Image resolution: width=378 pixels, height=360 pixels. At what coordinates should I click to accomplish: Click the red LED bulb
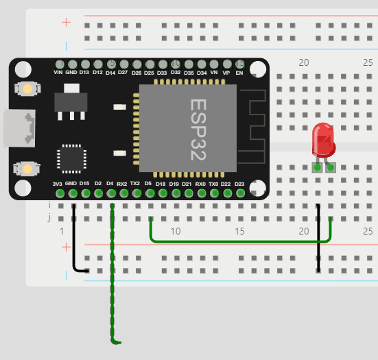323,139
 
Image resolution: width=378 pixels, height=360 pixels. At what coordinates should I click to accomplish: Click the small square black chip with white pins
71,158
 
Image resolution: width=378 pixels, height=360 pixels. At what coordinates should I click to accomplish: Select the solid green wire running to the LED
240,241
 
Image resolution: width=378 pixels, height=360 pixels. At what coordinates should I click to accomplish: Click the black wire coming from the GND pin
74,240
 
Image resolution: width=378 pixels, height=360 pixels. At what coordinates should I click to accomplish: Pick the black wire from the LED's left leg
318,240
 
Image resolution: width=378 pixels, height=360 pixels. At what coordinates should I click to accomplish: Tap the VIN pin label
58,72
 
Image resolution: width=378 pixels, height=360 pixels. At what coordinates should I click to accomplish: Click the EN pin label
239,72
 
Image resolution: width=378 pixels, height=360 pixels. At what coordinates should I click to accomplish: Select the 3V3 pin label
58,184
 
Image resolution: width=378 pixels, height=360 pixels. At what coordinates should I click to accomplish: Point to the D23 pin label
239,184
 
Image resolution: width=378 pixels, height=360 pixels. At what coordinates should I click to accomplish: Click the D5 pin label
149,184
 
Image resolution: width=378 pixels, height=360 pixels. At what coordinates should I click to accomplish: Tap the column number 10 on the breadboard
176,232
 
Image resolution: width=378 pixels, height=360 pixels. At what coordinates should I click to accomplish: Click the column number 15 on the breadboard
239,232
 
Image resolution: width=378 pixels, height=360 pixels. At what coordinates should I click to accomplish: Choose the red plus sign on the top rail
67,22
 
